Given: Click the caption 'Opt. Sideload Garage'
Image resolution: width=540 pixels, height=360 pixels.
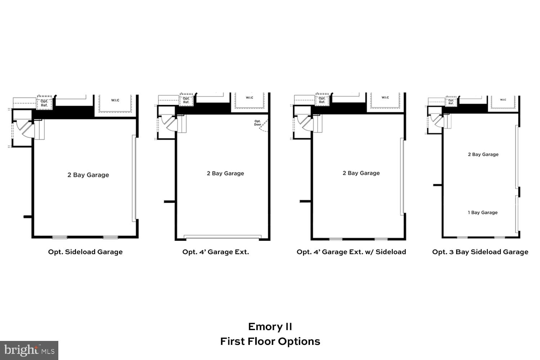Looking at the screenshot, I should point(85,252).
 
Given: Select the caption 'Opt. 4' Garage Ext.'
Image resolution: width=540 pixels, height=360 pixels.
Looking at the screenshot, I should point(215,252).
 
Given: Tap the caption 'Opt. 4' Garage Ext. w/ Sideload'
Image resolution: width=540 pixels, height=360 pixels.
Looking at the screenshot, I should point(351,252).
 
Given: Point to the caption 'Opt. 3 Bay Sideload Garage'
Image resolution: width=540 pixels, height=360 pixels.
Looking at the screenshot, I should point(480,252).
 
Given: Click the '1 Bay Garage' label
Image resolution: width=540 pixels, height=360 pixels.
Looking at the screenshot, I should point(482,212).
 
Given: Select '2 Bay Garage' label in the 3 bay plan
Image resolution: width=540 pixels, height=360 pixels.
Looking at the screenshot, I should point(483,154).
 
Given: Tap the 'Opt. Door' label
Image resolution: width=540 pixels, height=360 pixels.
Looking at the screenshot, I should point(257,123).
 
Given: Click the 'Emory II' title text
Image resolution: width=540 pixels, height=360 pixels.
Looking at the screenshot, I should point(270,327).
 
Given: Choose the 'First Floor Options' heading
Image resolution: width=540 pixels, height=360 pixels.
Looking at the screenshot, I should point(270,341).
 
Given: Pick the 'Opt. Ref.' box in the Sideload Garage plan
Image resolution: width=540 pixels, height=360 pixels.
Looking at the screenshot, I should point(44,103).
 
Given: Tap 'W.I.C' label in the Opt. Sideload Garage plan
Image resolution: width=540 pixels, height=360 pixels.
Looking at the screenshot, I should point(115,100).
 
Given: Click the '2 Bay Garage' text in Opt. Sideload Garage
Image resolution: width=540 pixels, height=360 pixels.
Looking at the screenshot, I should point(88,175).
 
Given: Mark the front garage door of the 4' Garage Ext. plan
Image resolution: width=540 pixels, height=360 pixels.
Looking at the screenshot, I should point(222,237).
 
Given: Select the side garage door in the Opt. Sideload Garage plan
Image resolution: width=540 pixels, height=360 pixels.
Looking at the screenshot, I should point(134,178).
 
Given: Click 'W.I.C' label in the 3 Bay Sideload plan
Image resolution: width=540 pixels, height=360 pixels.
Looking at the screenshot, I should point(503,100).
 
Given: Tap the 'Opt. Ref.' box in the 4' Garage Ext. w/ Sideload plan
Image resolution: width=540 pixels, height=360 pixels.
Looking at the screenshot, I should point(322,100).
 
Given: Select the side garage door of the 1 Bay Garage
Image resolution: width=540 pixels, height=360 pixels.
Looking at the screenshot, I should point(517,214).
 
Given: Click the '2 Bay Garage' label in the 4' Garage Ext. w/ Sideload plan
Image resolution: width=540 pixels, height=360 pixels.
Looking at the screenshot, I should point(361,173).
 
